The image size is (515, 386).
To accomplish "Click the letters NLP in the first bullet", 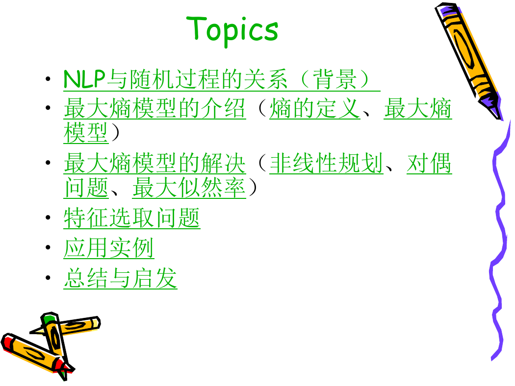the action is click(x=84, y=79).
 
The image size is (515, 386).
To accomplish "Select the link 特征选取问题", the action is click(x=132, y=218).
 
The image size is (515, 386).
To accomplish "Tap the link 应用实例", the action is click(x=109, y=248).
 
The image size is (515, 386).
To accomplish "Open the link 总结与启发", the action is click(x=120, y=278).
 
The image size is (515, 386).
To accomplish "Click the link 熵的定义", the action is click(x=315, y=108).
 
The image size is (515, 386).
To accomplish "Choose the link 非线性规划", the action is click(x=326, y=163).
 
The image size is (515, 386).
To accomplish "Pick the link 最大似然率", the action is click(x=189, y=188).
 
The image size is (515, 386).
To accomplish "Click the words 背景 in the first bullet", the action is click(x=335, y=79).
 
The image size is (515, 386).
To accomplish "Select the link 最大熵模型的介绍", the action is click(x=154, y=108).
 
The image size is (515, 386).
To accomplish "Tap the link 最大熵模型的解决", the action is click(x=154, y=163).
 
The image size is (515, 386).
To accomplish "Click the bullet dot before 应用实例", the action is click(x=48, y=247).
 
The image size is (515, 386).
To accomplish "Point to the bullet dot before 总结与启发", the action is click(x=48, y=278).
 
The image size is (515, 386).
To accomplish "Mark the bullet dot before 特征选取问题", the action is click(x=48, y=217).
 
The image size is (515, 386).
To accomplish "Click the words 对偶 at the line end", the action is click(x=429, y=163).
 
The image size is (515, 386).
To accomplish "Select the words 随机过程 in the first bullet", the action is click(x=175, y=79).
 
